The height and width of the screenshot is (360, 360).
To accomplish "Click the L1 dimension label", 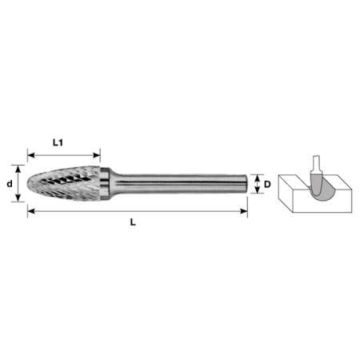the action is (58, 142).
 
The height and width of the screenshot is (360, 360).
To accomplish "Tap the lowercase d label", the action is (10, 183).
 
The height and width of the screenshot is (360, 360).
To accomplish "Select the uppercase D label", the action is (267, 184).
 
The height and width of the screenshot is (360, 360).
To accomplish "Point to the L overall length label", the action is (133, 222).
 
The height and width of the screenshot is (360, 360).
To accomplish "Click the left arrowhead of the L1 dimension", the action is (31, 155).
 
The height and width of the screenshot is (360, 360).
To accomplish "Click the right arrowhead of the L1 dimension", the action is (96, 155).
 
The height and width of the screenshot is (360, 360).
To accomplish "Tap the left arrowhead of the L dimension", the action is (31, 211).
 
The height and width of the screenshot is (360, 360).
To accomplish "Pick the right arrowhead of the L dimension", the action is (244, 211).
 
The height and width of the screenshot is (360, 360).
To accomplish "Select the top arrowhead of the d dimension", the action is (18, 169).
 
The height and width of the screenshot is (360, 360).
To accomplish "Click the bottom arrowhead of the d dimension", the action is (18, 198).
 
